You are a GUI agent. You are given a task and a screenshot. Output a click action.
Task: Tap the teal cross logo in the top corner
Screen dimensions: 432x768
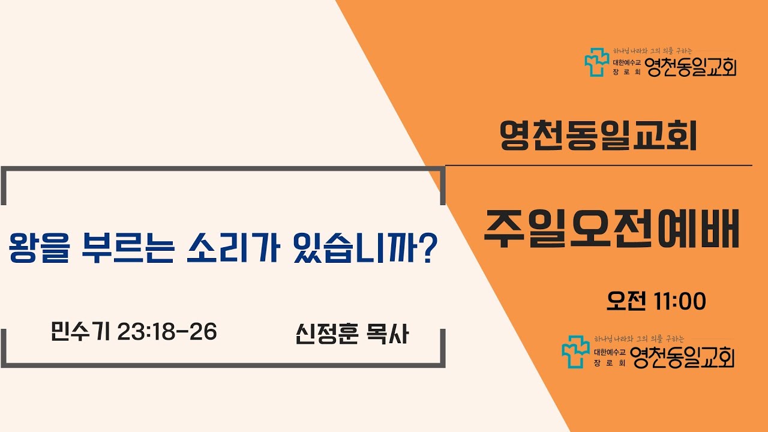(596, 62)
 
